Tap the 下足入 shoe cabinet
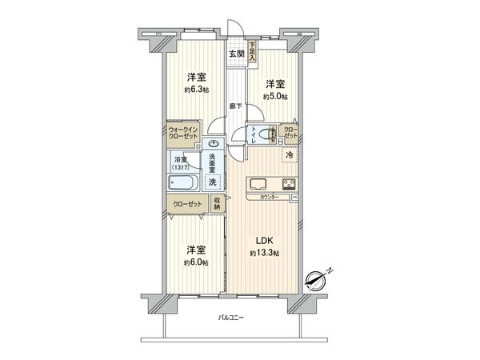pos(252,51)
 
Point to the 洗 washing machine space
pos(212,183)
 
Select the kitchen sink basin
pos(261,183)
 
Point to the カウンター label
pos(268,198)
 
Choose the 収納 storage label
pos(216,204)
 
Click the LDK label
pos(265,241)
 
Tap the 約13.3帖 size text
pos(265,254)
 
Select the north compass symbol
pos(318,279)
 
